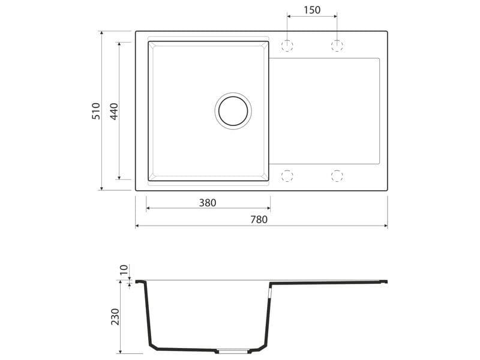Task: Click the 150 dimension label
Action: pos(312,10)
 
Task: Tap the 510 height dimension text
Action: pos(96,111)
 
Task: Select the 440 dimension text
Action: pos(113,112)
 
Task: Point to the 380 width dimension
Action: pos(208,203)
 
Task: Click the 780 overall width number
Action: pos(259,220)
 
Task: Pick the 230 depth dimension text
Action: pos(115,317)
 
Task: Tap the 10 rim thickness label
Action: pos(124,270)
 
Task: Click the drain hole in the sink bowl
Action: pos(233,111)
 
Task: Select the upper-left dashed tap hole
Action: pos(287,46)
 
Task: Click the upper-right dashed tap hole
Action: pos(337,46)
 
